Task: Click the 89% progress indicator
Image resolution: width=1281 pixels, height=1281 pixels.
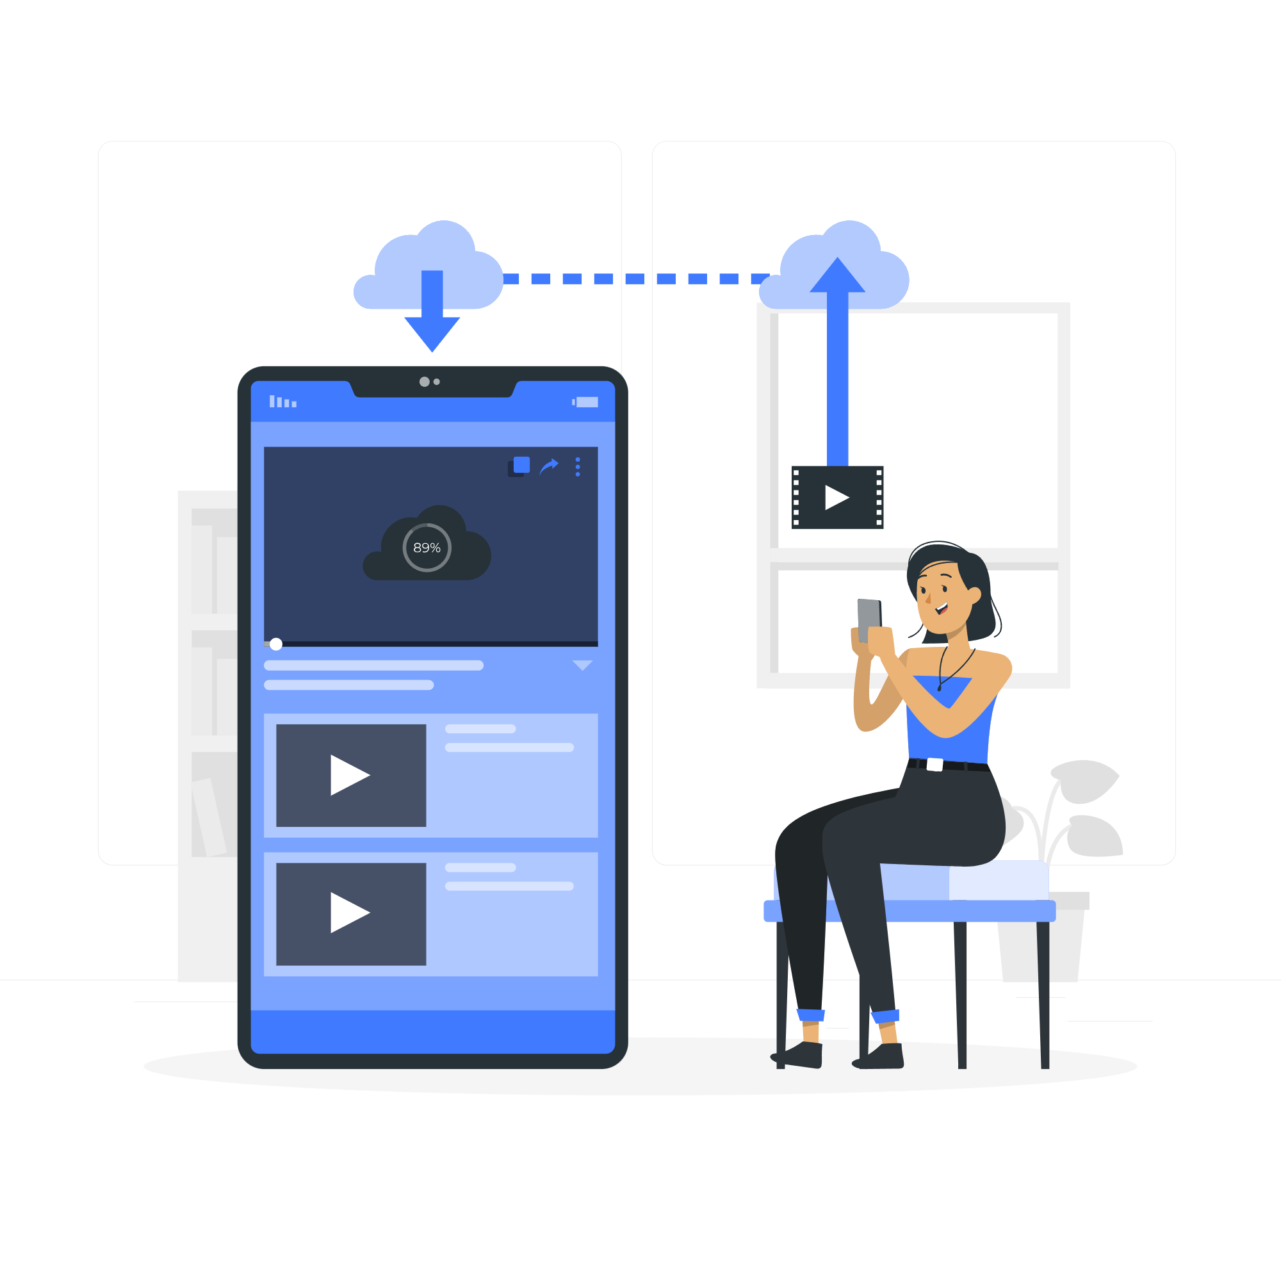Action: click(427, 548)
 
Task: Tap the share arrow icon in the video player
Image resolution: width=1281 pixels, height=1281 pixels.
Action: click(549, 467)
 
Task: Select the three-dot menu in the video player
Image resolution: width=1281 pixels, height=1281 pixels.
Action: click(578, 467)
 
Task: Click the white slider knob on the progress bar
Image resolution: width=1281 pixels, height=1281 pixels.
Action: click(276, 644)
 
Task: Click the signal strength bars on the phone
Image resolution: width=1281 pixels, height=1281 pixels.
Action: click(282, 402)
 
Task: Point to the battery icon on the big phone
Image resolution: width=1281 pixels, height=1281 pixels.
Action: click(586, 402)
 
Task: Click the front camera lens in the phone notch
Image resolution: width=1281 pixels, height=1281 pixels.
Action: click(425, 382)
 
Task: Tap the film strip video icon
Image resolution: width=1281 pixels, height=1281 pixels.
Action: click(837, 497)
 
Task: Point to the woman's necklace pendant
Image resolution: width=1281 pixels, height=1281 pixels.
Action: click(939, 689)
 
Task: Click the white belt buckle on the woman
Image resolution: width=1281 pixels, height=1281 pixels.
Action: click(935, 765)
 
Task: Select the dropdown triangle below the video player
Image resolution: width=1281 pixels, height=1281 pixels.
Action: click(582, 665)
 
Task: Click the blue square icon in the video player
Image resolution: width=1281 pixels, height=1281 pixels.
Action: click(522, 465)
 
